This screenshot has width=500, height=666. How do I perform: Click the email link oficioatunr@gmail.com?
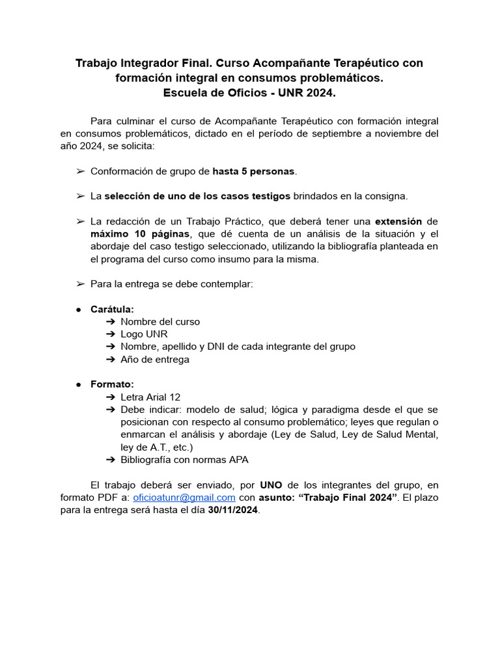pos(184,498)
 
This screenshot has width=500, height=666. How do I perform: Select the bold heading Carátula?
pos(112,310)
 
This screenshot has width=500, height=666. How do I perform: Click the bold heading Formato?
pos(112,384)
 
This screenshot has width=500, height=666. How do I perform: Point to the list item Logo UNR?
pos(144,334)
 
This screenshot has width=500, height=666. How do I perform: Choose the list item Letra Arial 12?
pos(150,397)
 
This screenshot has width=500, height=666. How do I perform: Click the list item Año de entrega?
pos(155,359)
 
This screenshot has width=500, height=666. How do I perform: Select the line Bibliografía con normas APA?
pos(184,459)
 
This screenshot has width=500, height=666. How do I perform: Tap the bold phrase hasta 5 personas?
pos(254,172)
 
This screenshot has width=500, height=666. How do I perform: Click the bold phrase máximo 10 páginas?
pos(141,233)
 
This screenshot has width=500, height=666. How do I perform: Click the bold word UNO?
pos(271,485)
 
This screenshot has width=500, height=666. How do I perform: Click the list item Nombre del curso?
pos(160,322)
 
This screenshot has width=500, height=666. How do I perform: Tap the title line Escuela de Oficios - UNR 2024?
pos(249,93)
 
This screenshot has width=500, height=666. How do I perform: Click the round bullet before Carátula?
pos(79,310)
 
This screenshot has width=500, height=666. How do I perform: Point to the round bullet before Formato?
pos(79,385)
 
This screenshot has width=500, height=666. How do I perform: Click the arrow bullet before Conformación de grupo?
pos(80,172)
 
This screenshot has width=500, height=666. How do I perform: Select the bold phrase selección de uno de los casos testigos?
pos(197,196)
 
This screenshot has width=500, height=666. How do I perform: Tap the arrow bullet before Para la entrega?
pos(80,284)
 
